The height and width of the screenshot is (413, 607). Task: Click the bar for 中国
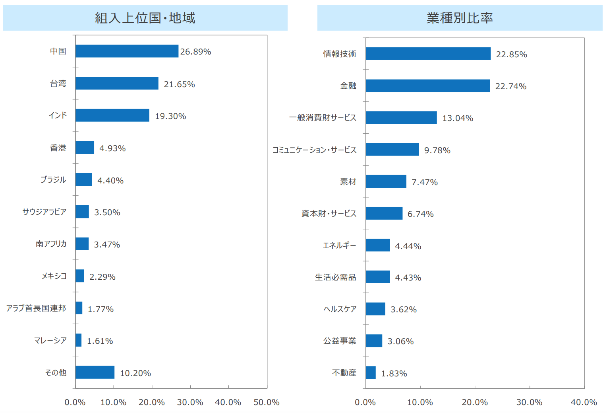click(127, 51)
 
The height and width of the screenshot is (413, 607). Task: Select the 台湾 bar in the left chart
click(117, 83)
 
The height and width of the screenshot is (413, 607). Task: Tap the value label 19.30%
click(170, 116)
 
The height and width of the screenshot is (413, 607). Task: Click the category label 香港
click(58, 148)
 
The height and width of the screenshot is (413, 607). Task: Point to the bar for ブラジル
click(84, 179)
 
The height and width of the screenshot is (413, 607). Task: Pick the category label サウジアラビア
click(44, 212)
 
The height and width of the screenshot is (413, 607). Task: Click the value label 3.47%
click(107, 245)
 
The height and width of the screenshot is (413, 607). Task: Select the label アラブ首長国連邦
click(36, 308)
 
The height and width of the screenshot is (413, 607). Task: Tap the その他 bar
click(95, 372)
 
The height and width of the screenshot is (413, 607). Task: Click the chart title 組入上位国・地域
click(145, 18)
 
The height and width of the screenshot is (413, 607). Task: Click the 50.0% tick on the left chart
click(267, 402)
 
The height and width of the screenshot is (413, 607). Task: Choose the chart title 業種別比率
click(460, 18)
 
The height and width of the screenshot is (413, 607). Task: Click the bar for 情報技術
click(428, 54)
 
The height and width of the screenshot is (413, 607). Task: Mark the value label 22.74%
click(510, 86)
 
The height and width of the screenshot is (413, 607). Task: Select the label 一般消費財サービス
click(323, 118)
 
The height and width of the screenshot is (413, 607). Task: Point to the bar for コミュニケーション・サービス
click(392, 150)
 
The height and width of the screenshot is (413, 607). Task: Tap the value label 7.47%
click(424, 182)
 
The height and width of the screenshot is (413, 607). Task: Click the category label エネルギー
click(339, 245)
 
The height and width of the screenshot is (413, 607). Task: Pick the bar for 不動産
click(371, 373)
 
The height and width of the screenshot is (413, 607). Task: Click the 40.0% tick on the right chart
click(584, 402)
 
